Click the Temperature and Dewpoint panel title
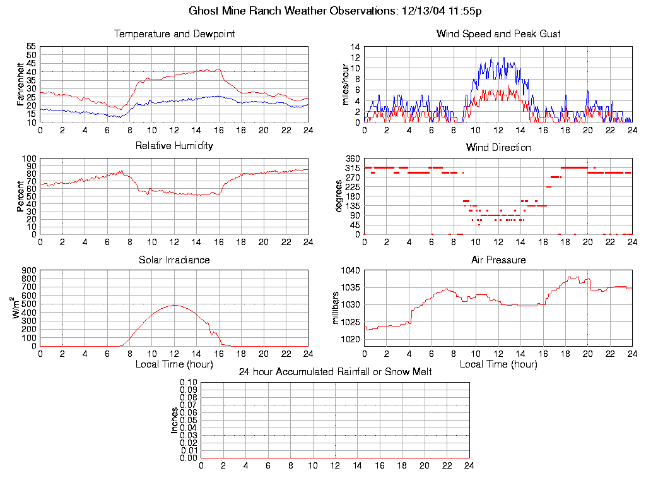point(174,34)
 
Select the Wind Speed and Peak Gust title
point(498,34)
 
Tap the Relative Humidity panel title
point(174,146)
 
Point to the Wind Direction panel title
point(498,148)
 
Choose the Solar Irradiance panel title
point(174,260)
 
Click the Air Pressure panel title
point(498,260)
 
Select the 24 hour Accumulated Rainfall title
point(335,372)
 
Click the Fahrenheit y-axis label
point(21,84)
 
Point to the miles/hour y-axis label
point(346,84)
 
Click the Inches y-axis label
point(175,420)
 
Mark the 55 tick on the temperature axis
point(30,47)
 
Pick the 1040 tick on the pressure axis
point(351,270)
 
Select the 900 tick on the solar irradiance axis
point(29,270)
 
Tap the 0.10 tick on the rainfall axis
point(189,382)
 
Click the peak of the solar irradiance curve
point(174,305)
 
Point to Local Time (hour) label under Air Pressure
point(498,364)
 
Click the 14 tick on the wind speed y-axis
point(355,47)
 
